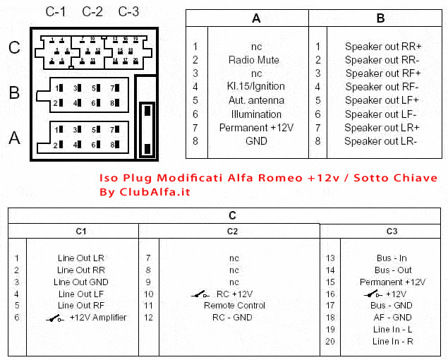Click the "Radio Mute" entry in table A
coord(256,60)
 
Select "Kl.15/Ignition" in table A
coord(256,87)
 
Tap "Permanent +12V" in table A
coord(256,128)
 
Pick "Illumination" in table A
coord(256,114)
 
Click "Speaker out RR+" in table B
coord(382,47)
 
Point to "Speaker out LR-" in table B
coord(381,141)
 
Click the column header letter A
coord(256,19)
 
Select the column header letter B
coord(381,19)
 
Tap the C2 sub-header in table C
coord(233,231)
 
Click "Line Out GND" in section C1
coord(80,282)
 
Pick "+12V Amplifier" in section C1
coord(97,318)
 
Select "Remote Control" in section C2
coord(234,306)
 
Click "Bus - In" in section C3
coord(392,258)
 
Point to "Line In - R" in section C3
coord(392,342)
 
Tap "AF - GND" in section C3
coord(392,318)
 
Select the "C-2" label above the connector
coord(92,12)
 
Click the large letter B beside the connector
coord(14,92)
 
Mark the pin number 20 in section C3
coord(329,342)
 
